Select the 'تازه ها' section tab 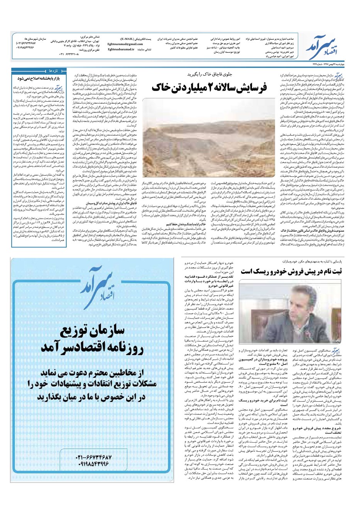tap(53, 71)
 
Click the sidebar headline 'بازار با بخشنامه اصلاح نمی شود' tap(38, 78)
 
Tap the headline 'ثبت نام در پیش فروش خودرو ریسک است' tap(291, 271)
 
